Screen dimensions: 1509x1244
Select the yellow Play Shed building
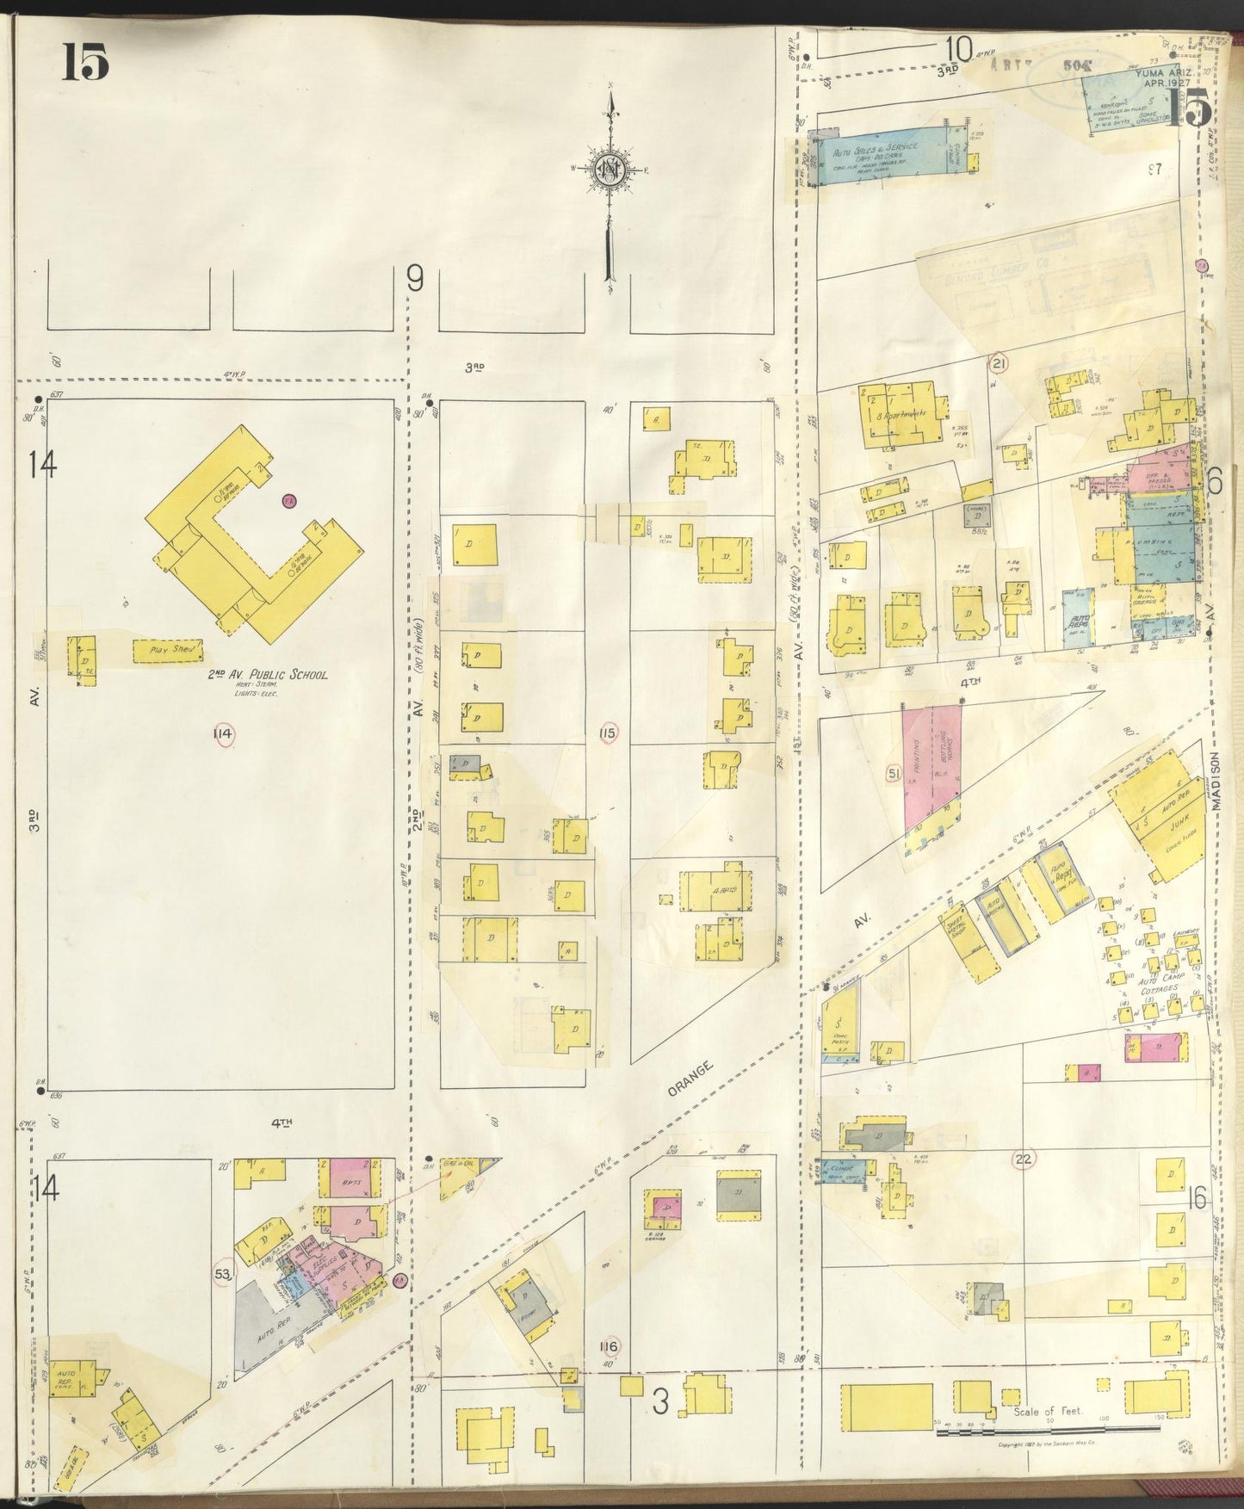(x=168, y=651)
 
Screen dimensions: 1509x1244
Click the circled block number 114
(x=224, y=733)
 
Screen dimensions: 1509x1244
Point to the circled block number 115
(x=608, y=733)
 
